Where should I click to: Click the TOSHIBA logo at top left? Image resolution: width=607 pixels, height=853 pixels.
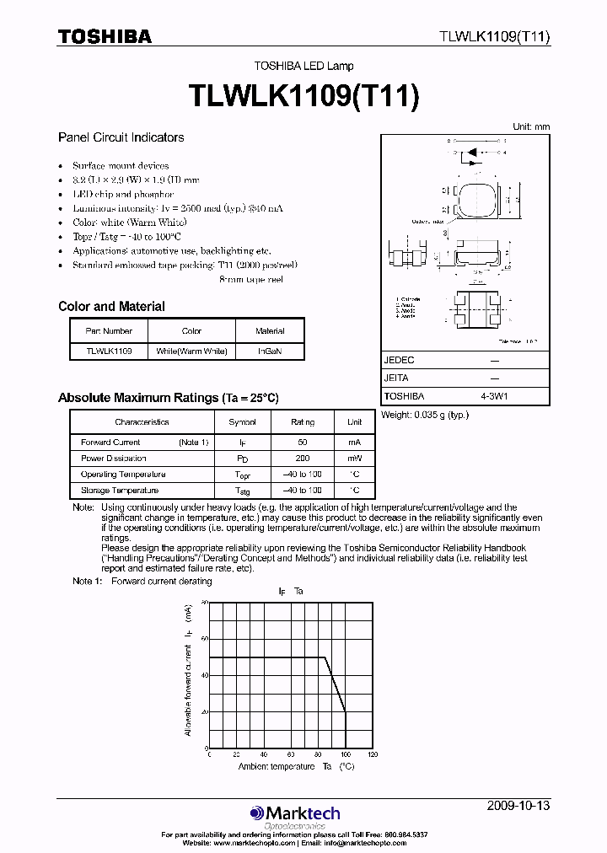[105, 36]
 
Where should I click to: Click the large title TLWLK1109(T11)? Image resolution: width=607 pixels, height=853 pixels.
[303, 96]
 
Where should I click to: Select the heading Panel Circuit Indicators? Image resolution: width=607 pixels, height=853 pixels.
[121, 137]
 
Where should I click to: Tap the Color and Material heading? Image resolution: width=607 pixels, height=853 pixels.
[111, 307]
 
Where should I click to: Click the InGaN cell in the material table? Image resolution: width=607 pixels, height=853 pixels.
[270, 351]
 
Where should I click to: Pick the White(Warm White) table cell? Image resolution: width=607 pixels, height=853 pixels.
[192, 351]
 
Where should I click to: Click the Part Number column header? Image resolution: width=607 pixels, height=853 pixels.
[109, 331]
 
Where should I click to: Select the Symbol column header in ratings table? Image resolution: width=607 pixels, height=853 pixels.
[242, 421]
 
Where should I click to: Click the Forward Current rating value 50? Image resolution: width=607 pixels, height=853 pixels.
[303, 443]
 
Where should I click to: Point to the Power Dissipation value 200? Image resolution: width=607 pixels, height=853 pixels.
[303, 459]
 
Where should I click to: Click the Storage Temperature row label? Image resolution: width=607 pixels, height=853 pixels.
[119, 491]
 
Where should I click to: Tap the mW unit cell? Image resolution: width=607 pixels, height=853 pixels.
[355, 459]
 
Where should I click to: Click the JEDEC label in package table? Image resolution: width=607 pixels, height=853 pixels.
[399, 360]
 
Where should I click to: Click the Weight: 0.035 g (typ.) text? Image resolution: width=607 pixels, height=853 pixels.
[425, 415]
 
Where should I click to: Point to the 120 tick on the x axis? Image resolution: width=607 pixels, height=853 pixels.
[373, 755]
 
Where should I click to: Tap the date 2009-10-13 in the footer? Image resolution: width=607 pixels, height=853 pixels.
[518, 806]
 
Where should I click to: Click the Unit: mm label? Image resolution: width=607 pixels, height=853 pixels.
[531, 126]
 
